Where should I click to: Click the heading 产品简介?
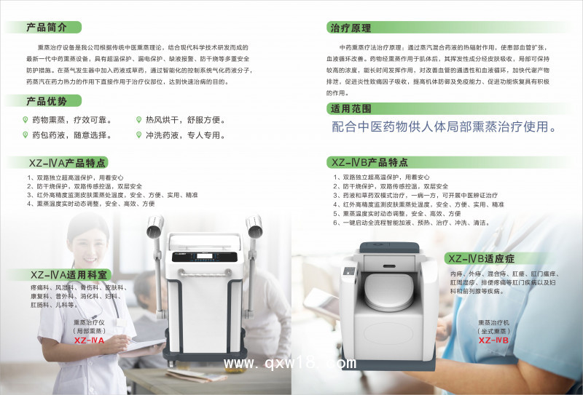(47, 28)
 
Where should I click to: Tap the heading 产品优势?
(47, 101)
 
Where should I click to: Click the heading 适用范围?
(351, 108)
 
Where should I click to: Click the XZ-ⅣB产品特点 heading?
(369, 162)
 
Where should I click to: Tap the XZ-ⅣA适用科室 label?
(69, 275)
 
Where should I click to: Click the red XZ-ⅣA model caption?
(90, 340)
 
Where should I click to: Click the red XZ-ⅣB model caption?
(493, 340)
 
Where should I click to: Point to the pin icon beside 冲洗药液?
(138, 135)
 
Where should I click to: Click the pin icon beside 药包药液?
(26, 135)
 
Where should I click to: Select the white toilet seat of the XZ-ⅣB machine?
(394, 279)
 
